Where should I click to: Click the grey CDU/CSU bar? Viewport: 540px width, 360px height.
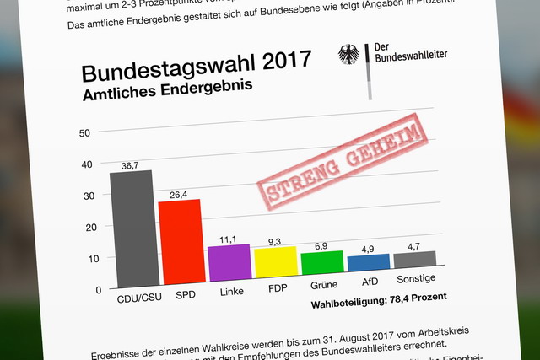point(132,228)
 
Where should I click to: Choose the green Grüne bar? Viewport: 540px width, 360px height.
point(322,263)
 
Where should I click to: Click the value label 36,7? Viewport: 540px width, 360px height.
point(129,165)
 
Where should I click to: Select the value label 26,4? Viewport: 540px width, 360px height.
point(178,195)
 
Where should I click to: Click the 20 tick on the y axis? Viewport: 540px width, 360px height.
point(84,228)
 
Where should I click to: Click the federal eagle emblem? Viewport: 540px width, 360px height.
point(348,55)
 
